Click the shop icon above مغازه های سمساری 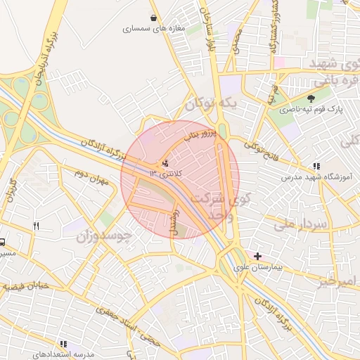pos(153,18)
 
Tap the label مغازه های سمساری pos(153,30)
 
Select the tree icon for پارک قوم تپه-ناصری pos(311,98)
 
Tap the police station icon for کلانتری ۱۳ pos(165,162)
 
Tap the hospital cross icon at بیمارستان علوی pos(258,257)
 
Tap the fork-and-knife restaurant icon pos(36,226)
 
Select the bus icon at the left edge pos(3,240)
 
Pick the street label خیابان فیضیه pos(25,288)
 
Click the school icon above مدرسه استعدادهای pos(63,345)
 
